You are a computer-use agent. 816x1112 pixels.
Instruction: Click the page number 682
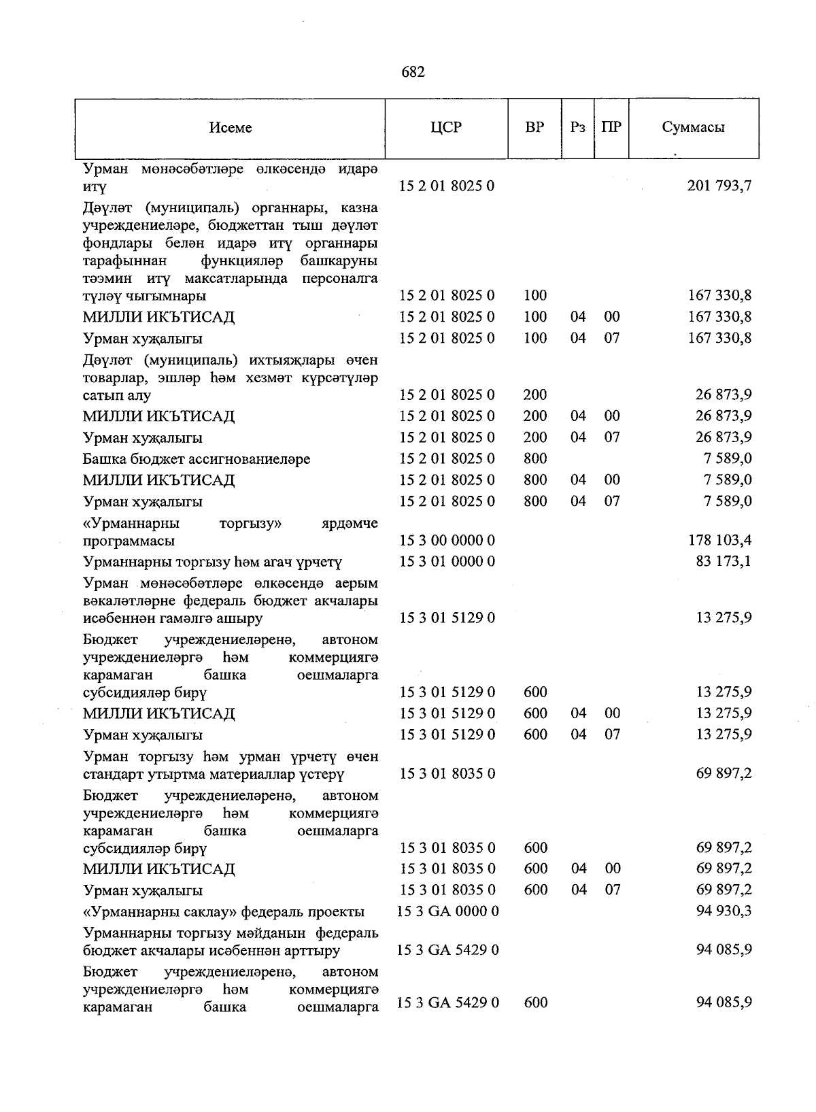(x=413, y=72)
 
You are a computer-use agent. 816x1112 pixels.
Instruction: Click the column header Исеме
(x=231, y=128)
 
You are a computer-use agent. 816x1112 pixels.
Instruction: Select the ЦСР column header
(x=446, y=127)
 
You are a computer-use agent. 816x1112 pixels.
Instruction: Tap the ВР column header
(x=534, y=127)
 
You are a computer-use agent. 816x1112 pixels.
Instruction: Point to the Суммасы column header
(x=693, y=127)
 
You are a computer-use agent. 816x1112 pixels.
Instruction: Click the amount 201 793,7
(x=719, y=186)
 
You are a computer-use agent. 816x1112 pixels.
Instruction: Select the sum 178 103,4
(x=719, y=541)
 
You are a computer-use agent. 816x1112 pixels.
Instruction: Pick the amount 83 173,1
(x=724, y=562)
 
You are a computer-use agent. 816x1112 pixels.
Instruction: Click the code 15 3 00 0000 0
(x=447, y=541)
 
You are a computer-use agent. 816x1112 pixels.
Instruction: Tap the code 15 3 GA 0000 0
(x=448, y=911)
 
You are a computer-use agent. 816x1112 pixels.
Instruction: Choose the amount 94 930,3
(x=724, y=911)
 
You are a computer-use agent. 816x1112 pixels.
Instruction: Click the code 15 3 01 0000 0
(x=447, y=562)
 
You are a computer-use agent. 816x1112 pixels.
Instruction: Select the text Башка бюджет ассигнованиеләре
(x=197, y=459)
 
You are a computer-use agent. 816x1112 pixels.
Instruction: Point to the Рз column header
(x=578, y=127)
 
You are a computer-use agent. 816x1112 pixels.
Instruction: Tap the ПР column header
(x=611, y=127)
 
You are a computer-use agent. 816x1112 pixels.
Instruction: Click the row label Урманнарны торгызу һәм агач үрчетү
(x=212, y=562)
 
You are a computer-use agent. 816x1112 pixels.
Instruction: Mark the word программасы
(x=129, y=541)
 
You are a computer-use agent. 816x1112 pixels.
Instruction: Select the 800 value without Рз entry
(x=535, y=459)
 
